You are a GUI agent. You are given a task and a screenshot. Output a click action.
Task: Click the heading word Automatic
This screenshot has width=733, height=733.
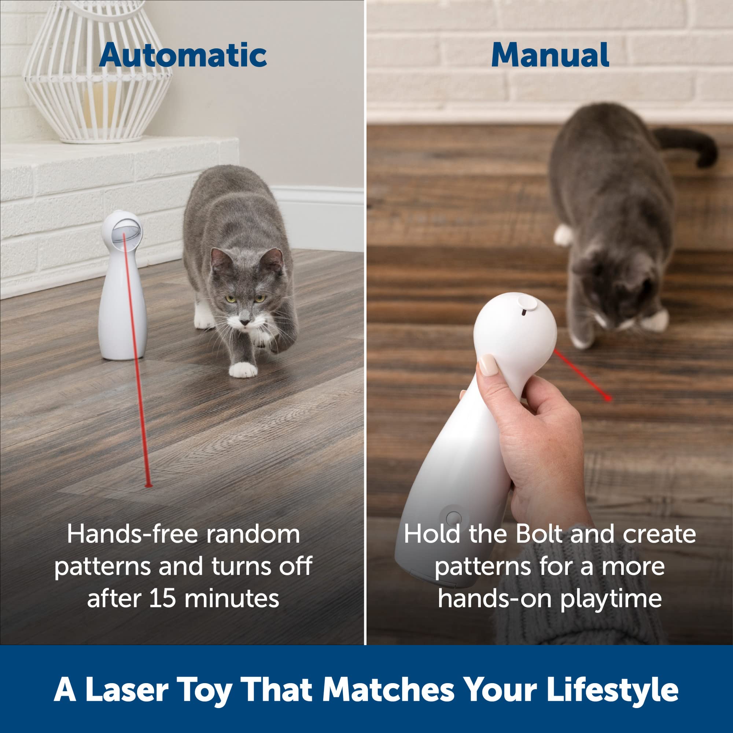click(183, 55)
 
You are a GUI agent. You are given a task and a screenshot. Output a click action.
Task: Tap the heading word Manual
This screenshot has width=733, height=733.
click(550, 55)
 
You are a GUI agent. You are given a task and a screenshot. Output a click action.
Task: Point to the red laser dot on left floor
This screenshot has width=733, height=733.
click(148, 485)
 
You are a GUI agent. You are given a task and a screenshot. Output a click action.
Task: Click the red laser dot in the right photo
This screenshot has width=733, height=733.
click(608, 398)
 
